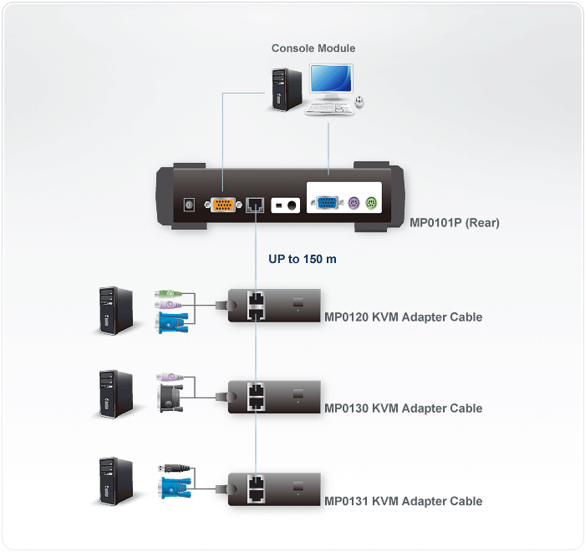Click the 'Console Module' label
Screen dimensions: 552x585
tap(313, 48)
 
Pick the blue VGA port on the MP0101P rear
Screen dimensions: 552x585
tap(324, 204)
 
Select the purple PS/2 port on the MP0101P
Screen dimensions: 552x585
tap(354, 204)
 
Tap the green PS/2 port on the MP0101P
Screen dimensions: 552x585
tap(373, 204)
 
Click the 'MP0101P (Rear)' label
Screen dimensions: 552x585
tap(455, 223)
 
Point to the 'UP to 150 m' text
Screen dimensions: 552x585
tap(303, 260)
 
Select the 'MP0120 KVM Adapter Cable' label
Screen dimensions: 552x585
tap(403, 317)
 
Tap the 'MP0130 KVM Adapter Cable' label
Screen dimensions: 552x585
tap(403, 408)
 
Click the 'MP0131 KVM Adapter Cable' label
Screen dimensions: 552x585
tap(403, 501)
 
